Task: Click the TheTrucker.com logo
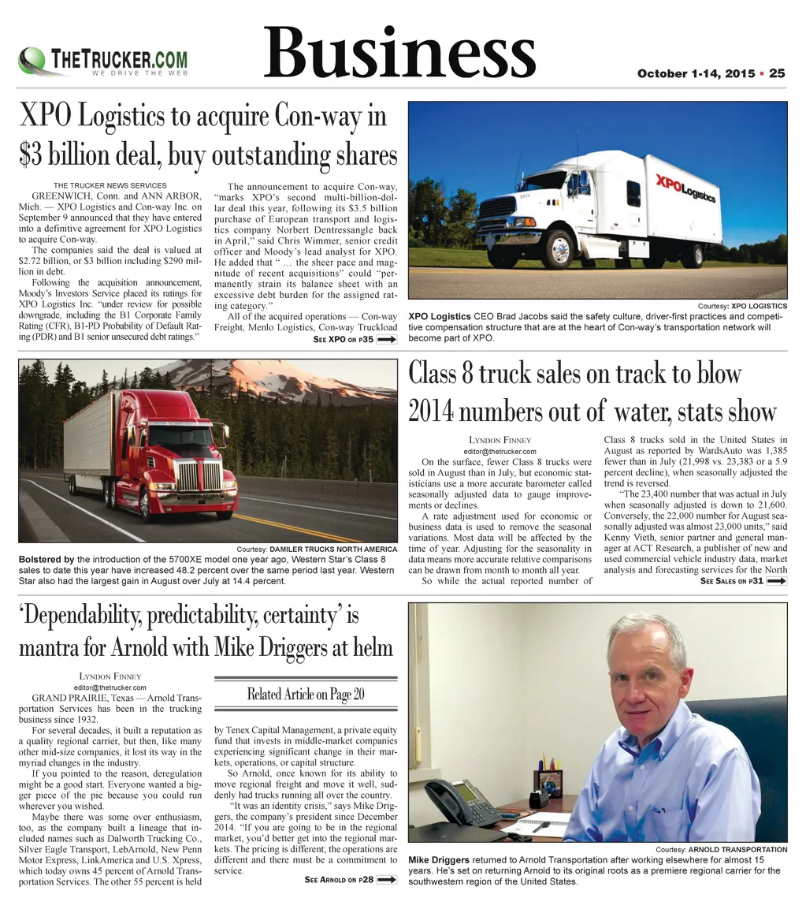point(103,61)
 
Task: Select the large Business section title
point(399,53)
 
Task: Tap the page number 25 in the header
point(777,73)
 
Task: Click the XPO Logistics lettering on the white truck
point(685,188)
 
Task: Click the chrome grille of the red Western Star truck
point(199,475)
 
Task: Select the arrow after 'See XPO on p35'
point(387,340)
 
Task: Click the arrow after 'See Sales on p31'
point(777,581)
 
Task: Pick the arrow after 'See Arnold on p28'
point(387,880)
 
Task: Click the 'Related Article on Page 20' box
point(306,695)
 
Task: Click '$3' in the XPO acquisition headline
point(29,154)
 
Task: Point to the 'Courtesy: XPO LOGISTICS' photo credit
point(742,306)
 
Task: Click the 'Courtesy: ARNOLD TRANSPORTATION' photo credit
point(721,849)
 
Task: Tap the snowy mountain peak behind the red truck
point(236,371)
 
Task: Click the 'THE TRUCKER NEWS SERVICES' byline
point(110,185)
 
